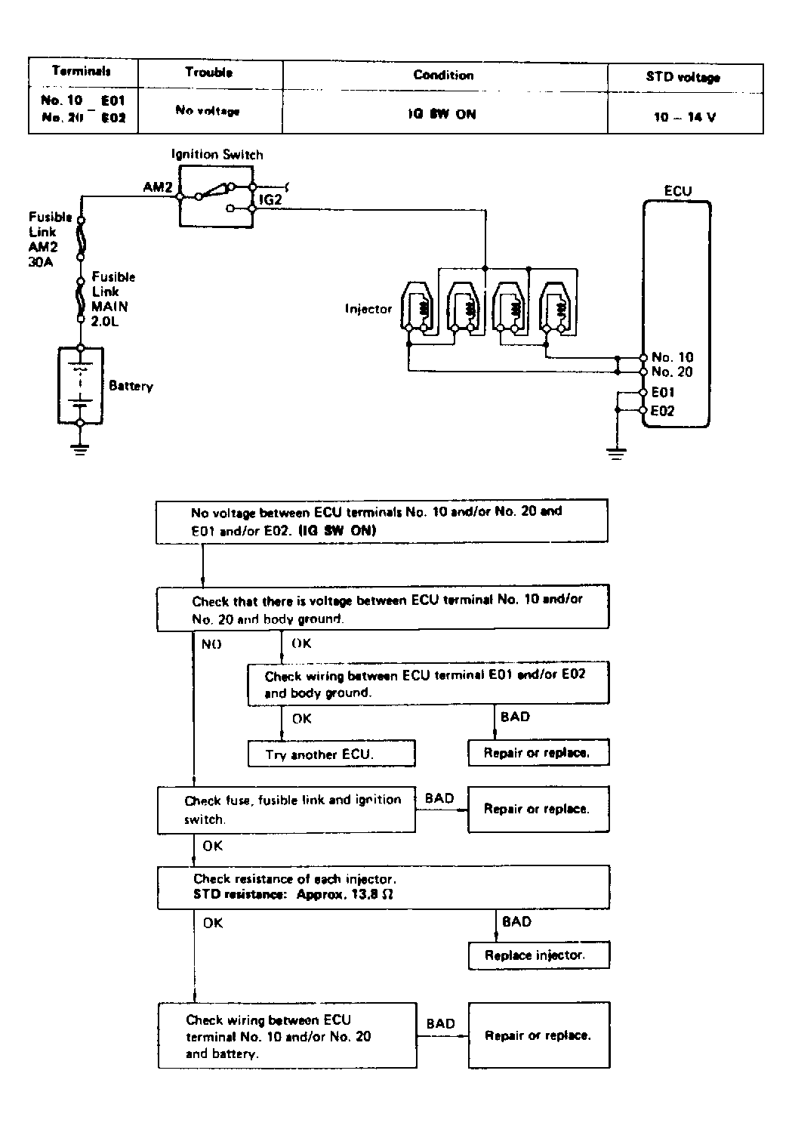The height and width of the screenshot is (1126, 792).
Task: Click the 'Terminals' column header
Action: pos(82,72)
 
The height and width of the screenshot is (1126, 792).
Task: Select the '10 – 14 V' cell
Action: pos(685,119)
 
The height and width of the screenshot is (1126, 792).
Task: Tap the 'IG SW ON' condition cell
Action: pos(444,115)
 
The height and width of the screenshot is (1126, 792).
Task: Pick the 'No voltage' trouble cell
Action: pos(208,111)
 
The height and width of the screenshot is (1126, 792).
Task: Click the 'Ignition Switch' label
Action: pos(217,155)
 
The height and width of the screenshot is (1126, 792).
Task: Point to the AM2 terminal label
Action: pos(158,187)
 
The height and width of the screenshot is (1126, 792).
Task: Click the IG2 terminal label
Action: pos(271,200)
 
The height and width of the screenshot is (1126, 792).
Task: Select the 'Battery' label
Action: pos(131,386)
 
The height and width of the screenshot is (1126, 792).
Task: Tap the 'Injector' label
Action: pos(368,309)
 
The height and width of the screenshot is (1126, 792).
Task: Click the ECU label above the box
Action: pos(677,191)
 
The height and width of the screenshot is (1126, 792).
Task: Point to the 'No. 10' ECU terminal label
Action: pos(672,357)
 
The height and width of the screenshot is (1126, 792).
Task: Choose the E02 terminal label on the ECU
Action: pos(662,411)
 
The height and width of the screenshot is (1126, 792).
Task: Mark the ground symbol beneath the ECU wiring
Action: pos(617,453)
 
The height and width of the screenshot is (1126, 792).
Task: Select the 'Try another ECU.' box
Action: pos(331,754)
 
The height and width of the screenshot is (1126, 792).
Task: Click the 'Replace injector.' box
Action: pos(538,955)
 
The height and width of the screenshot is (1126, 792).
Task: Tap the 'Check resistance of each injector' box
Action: pos(383,887)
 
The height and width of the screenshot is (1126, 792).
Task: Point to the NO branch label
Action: pos(211,644)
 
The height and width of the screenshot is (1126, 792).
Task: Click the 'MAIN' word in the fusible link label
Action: pos(109,307)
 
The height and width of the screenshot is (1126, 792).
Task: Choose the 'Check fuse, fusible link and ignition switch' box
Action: pos(286,809)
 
